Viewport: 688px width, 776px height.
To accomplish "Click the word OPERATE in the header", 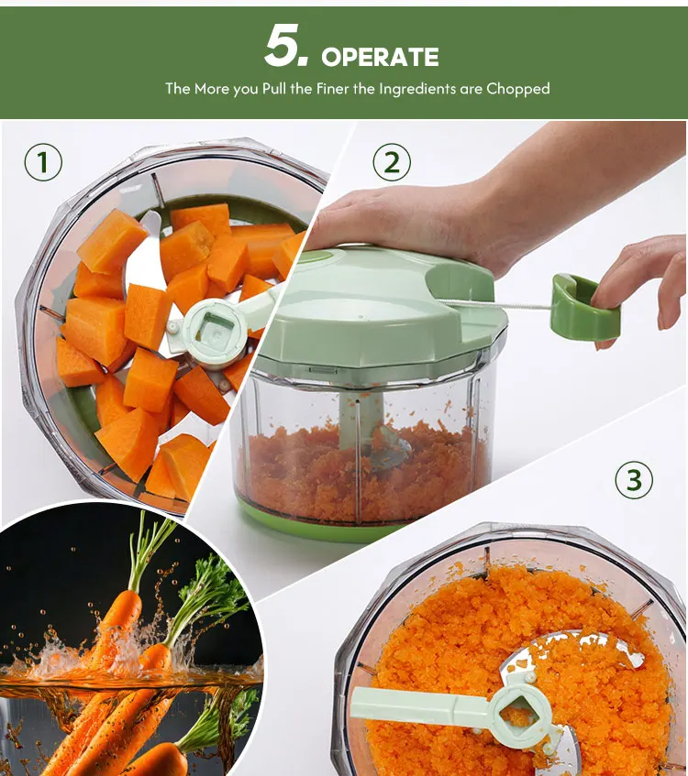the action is pyautogui.click(x=380, y=57).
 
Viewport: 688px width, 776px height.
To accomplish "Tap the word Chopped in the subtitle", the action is pyautogui.click(x=518, y=89).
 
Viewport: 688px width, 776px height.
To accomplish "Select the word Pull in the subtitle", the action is pyautogui.click(x=274, y=89).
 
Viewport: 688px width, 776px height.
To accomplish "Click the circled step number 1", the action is pyautogui.click(x=43, y=162).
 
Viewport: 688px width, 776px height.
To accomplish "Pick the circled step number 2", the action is pyautogui.click(x=392, y=162).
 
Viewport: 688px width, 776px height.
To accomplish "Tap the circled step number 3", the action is pyautogui.click(x=634, y=479).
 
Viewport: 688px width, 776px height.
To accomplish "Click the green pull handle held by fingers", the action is pyautogui.click(x=585, y=306).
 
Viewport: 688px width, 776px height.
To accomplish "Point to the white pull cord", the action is pyautogui.click(x=495, y=304).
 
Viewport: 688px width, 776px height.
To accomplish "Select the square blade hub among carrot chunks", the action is pyautogui.click(x=214, y=329).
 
